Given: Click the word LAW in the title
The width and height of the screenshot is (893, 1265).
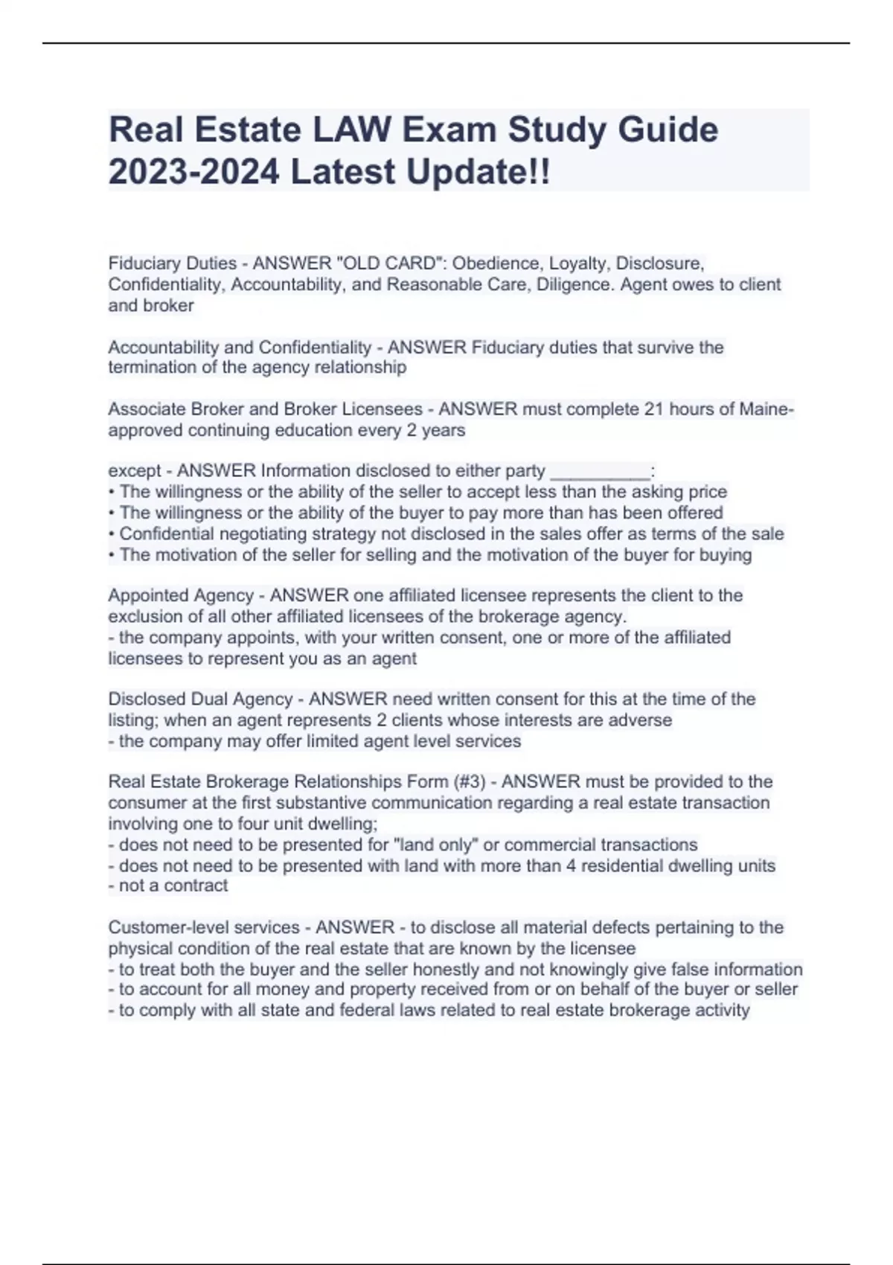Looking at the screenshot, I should [352, 130].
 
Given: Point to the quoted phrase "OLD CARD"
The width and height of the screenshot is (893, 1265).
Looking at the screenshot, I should [388, 263].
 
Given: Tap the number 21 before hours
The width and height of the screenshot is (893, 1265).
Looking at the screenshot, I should [654, 409].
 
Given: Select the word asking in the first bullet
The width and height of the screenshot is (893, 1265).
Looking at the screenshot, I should [656, 492].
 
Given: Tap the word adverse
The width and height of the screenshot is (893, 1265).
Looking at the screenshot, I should [640, 720].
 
